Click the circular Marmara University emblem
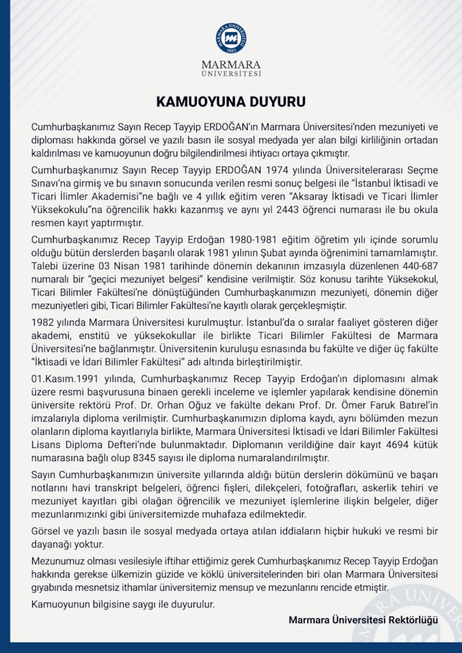point(231,38)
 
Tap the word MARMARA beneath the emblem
point(231,64)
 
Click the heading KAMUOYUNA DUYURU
point(231,102)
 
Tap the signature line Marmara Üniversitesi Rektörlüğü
point(363,620)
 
